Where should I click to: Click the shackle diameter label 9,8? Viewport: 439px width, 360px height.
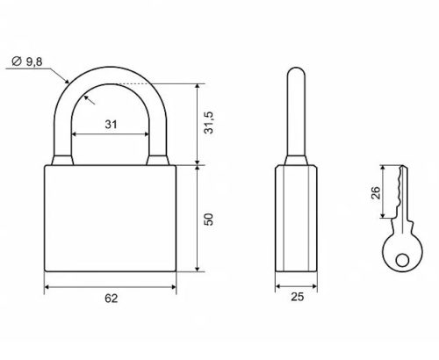coord(34,62)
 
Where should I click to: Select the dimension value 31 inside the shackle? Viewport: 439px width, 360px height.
coord(111,125)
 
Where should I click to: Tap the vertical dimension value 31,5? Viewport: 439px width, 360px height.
coord(209,123)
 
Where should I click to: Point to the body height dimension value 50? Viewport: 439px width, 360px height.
coord(209,220)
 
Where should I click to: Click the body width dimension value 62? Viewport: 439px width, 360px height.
coord(112,299)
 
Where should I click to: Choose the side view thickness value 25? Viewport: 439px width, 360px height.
coord(298,297)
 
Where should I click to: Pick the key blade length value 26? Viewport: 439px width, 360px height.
coord(376,192)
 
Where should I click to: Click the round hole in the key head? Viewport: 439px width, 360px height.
coord(402,260)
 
